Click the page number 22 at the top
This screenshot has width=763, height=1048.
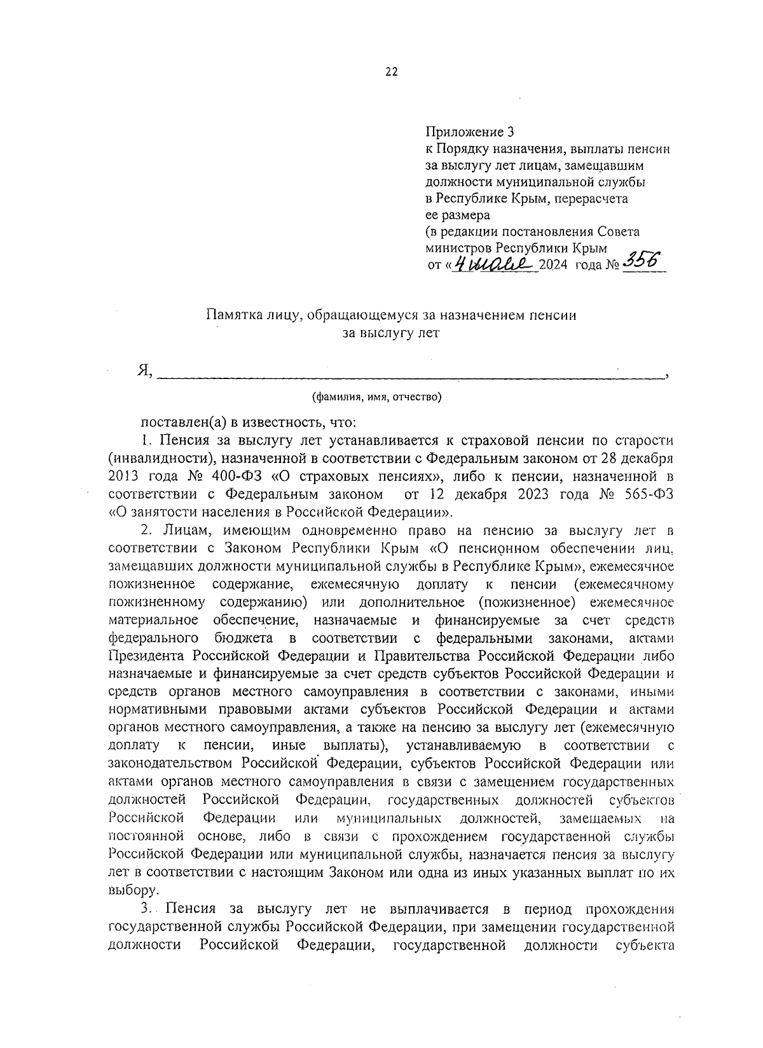coord(390,72)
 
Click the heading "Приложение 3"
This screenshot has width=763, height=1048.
coord(469,132)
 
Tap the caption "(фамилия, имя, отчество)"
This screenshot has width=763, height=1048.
coord(377,397)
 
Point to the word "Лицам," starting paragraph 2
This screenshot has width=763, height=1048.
coord(182,530)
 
